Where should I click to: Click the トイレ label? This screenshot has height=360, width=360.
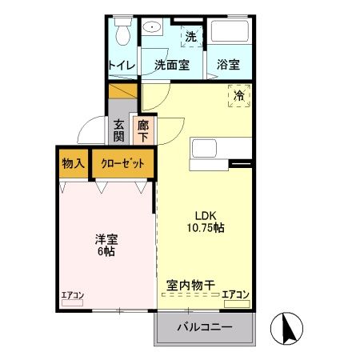coord(122,65)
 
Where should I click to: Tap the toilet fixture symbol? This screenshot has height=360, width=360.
coord(122,34)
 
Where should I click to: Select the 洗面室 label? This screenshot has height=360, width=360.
coord(172,65)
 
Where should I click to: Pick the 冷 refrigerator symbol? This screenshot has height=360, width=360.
coord(239,95)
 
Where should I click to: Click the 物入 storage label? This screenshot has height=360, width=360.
coord(73,163)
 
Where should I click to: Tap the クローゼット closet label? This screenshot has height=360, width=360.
coord(123,163)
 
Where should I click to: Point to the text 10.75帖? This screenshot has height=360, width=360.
coord(206,227)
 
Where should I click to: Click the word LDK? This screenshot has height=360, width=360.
coord(206,214)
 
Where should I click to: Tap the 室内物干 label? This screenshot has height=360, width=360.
coord(190,285)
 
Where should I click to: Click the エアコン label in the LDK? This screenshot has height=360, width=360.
coord(236,294)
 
